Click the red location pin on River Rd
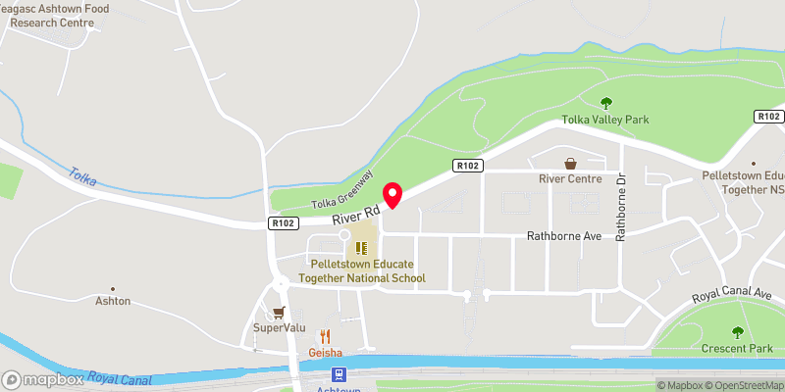coord(392,195)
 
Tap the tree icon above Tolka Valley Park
coord(605,101)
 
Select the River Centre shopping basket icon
coord(570,163)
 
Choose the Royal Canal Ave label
coord(732,295)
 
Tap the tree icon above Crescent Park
coord(738,331)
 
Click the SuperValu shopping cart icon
coord(280,312)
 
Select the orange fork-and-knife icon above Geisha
coord(325,335)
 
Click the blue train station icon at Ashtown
coord(339,374)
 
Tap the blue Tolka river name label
coord(82,177)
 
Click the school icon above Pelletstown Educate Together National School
coord(361,248)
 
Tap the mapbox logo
coord(43,379)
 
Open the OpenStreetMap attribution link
coord(739,385)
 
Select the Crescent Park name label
coord(737,349)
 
